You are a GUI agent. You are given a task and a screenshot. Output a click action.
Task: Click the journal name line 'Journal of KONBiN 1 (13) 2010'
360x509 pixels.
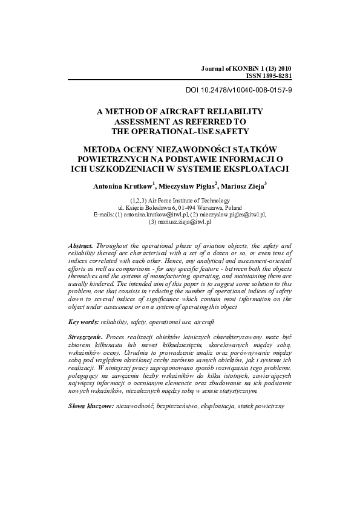tap(246, 70)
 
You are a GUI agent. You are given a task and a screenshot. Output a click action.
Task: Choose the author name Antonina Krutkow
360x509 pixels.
tap(120, 186)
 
